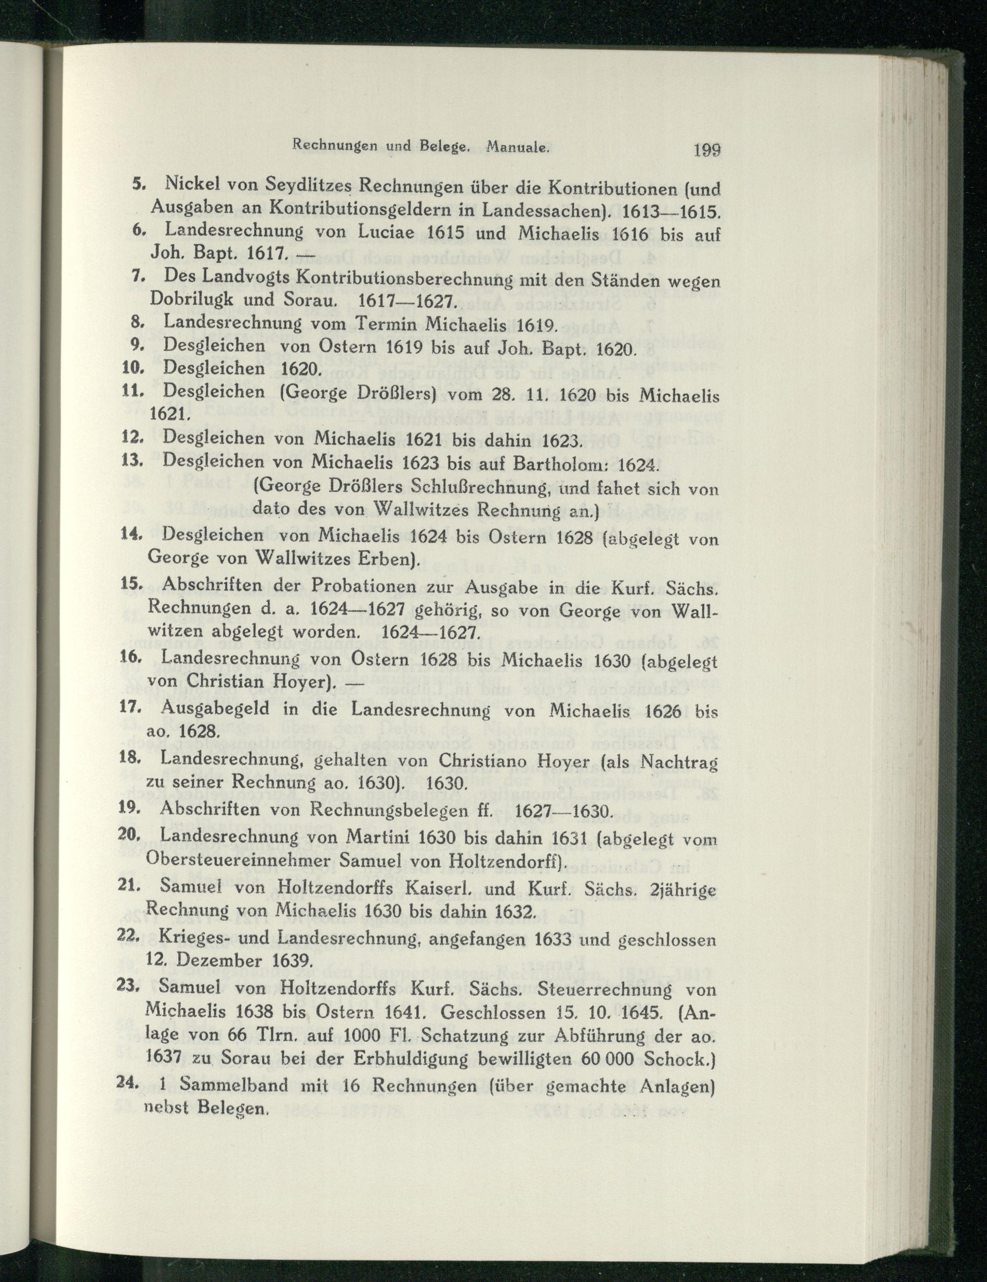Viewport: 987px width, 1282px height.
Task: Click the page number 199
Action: pyautogui.click(x=706, y=151)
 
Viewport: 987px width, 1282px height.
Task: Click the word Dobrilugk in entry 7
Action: pyautogui.click(x=189, y=299)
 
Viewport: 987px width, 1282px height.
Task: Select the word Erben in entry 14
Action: pyautogui.click(x=387, y=558)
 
